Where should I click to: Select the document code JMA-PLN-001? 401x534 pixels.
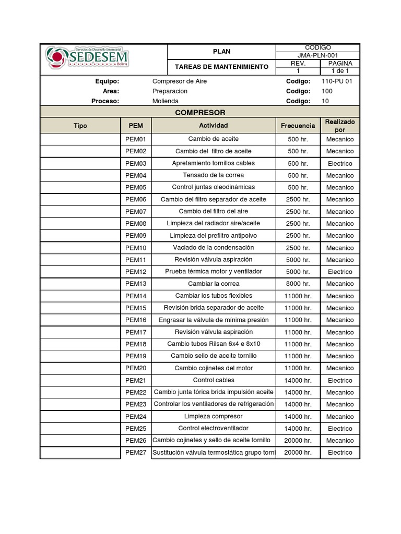tap(317, 55)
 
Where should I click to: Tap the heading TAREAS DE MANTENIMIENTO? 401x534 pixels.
tap(221, 67)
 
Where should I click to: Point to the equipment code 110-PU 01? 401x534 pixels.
tap(337, 81)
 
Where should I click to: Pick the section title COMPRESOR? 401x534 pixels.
tap(200, 113)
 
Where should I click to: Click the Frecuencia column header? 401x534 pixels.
tap(298, 126)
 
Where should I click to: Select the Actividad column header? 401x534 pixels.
tap(213, 126)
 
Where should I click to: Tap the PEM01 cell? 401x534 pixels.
tap(136, 139)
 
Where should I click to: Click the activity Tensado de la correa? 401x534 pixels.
tap(213, 175)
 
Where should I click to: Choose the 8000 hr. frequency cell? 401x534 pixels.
tap(298, 284)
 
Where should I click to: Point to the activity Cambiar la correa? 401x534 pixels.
tap(213, 284)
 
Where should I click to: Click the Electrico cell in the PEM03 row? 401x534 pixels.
tap(340, 163)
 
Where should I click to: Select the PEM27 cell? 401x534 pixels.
tap(136, 453)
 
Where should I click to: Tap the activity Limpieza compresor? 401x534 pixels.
tap(213, 416)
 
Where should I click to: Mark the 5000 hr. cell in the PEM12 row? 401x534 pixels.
tap(298, 272)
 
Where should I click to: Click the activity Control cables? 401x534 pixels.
tap(213, 380)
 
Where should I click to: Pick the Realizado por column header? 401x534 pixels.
tap(340, 126)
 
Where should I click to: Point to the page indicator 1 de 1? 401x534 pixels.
tap(340, 71)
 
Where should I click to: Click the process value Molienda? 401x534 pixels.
tap(166, 101)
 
